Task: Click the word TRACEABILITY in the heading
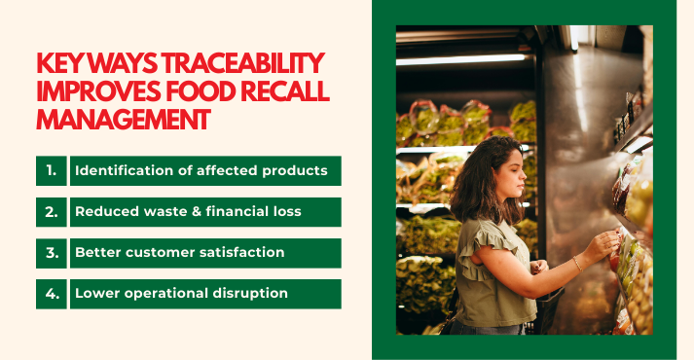(233, 64)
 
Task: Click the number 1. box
(51, 170)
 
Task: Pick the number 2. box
(51, 211)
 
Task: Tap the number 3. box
(51, 252)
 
